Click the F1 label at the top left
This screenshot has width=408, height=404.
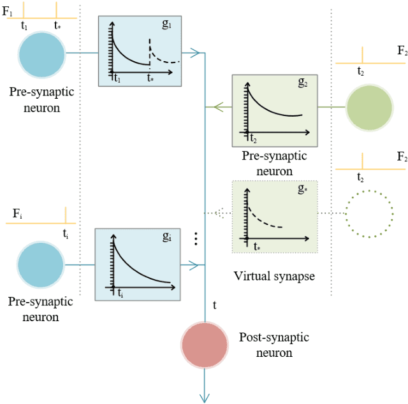tap(7, 11)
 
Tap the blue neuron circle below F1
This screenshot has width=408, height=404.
tap(41, 54)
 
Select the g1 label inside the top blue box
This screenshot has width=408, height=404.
tap(167, 25)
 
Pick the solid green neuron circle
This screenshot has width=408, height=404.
tap(368, 107)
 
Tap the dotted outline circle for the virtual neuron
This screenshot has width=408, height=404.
tap(368, 212)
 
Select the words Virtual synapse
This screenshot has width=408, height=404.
tap(273, 276)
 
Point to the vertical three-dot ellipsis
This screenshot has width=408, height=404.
tap(196, 238)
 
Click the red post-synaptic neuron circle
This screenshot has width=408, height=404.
tap(205, 345)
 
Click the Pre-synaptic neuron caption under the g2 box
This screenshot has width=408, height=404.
tap(274, 163)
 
